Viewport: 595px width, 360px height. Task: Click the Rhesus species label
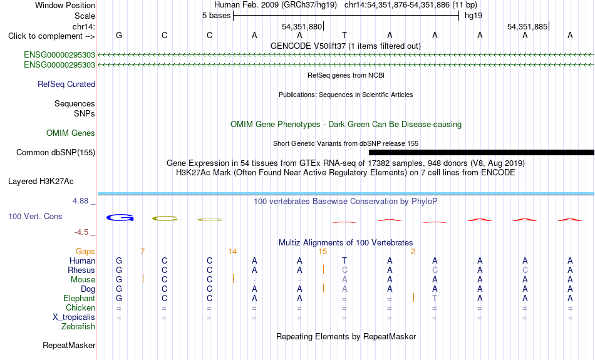[81, 270]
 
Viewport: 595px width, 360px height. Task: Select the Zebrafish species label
[78, 326]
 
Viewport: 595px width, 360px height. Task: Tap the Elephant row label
[79, 298]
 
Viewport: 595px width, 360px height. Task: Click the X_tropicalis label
[74, 317]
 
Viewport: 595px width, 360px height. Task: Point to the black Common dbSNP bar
[482, 153]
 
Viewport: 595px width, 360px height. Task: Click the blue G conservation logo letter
[120, 218]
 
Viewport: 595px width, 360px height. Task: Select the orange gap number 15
[323, 252]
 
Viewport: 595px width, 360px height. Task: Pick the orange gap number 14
[232, 252]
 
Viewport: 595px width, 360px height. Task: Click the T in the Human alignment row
[344, 260]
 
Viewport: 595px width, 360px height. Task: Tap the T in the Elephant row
[435, 298]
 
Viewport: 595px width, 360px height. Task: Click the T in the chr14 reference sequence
[344, 35]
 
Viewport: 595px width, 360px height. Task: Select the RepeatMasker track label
[69, 345]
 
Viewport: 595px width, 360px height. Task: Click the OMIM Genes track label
[71, 133]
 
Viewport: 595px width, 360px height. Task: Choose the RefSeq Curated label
[66, 85]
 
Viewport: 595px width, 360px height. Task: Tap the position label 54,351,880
[302, 26]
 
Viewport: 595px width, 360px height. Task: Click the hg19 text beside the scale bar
[473, 16]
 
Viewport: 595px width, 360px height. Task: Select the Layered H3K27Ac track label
[41, 182]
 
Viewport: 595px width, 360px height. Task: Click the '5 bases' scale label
[216, 16]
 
